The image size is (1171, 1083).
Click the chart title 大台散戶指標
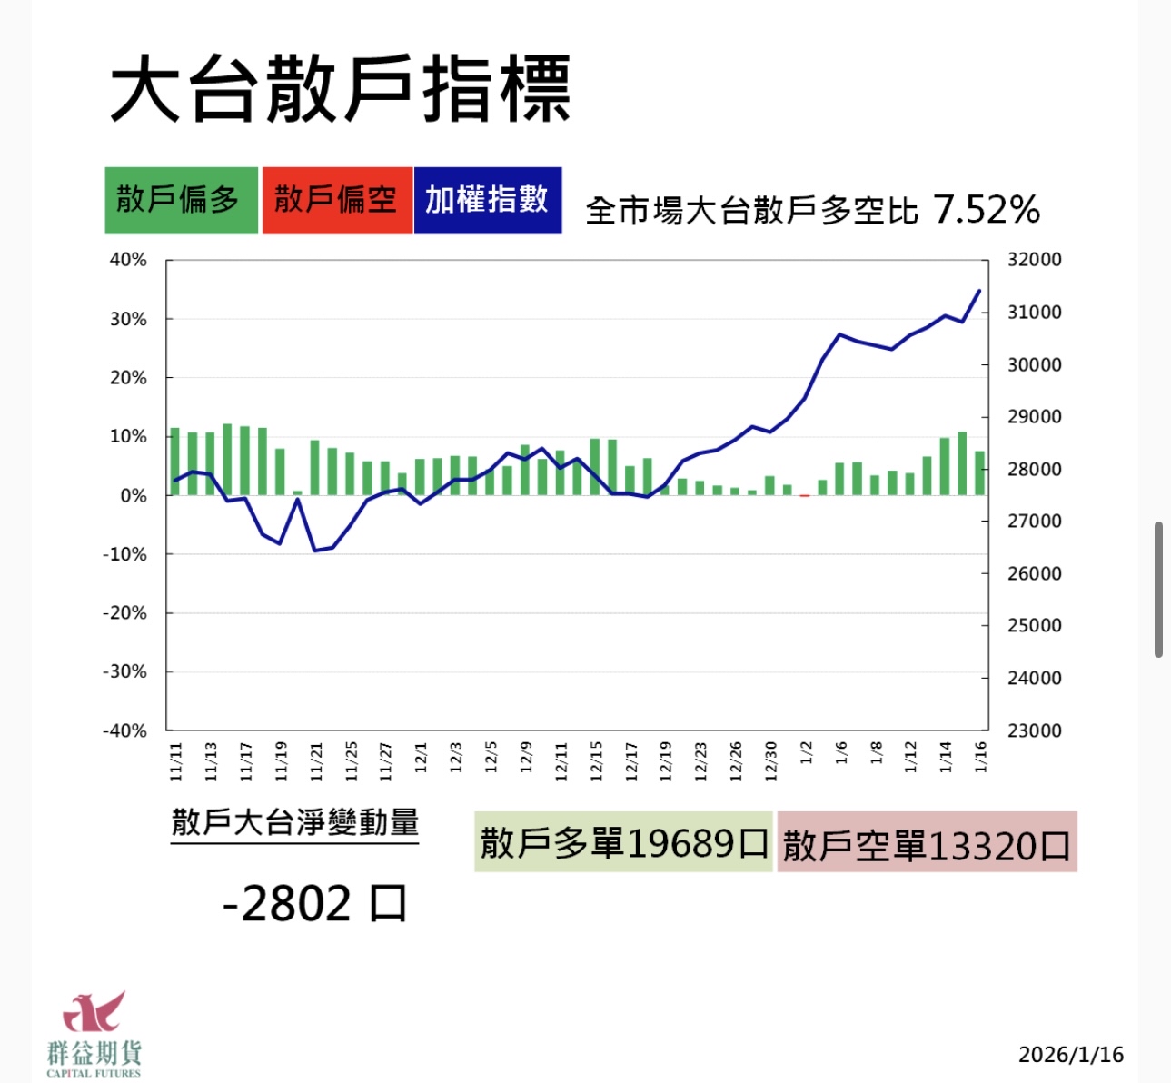point(340,89)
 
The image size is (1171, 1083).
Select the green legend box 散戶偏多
point(181,200)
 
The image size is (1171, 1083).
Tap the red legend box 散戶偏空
point(336,200)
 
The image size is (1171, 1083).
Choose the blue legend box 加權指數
point(487,200)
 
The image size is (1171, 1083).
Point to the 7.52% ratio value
point(987,210)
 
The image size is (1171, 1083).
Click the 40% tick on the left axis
point(128,260)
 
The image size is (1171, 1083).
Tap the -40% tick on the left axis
point(124,730)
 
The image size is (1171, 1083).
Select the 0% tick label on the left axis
point(133,496)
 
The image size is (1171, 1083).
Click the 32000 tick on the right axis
point(1034,260)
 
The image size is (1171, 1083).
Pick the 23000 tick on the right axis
point(1034,730)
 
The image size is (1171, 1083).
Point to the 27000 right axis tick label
point(1034,522)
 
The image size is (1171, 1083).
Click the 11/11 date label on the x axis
point(176,761)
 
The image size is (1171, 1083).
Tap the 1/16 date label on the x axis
point(980,756)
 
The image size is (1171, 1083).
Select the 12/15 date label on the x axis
point(596,761)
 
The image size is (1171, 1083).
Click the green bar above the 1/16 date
point(980,473)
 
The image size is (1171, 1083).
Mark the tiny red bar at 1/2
point(805,496)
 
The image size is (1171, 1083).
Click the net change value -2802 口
point(314,903)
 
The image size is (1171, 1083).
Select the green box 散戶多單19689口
point(623,843)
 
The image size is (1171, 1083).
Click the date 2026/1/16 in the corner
point(1071,1055)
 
